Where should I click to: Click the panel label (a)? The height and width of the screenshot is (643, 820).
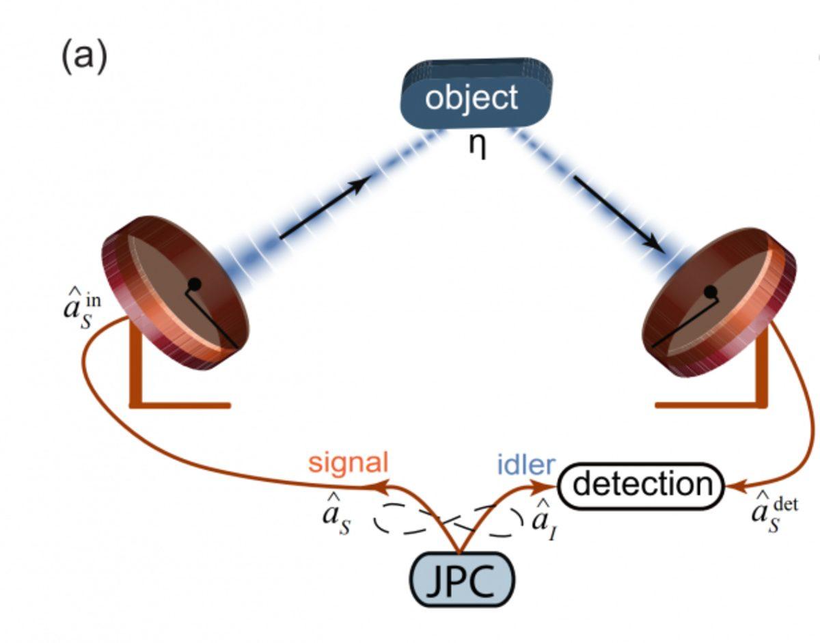[84, 56]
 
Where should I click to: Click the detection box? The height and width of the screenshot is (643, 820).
[641, 486]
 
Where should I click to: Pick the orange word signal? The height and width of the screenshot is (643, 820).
[348, 463]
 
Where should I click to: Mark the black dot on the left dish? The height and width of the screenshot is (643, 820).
[194, 283]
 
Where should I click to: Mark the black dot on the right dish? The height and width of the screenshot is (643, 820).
[711, 292]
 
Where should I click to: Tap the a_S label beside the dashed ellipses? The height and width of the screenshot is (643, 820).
[336, 517]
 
